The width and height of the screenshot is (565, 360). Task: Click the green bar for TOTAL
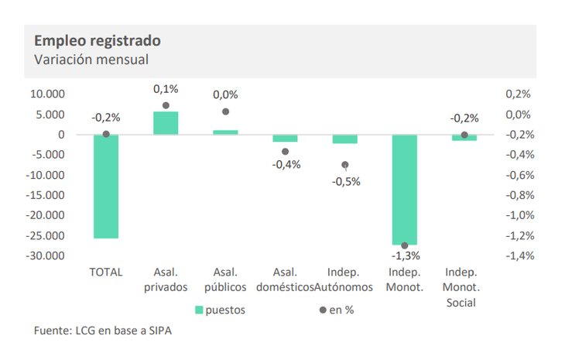[106, 187]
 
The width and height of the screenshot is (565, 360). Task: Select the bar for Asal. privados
[166, 123]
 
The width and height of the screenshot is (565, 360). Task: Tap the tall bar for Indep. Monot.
[405, 190]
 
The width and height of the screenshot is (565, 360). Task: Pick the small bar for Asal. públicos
[225, 132]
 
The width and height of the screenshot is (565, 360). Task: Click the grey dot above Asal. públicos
[225, 111]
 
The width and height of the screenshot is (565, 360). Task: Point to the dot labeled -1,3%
[405, 245]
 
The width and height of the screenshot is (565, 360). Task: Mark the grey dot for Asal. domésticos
[285, 152]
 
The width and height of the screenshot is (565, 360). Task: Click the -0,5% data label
[346, 182]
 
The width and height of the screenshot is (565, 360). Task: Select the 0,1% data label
[166, 89]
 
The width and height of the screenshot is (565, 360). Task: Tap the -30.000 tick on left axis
[45, 255]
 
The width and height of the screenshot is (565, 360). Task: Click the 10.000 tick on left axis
[47, 94]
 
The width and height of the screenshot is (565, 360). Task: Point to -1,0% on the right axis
[520, 215]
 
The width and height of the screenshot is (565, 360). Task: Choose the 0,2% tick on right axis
[518, 94]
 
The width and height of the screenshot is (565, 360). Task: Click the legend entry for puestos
[220, 310]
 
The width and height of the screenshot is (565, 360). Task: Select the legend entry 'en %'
[337, 310]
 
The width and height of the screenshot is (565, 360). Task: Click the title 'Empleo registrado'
[98, 41]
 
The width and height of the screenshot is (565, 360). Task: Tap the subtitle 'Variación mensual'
[91, 60]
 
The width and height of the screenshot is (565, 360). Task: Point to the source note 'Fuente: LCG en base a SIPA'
[103, 331]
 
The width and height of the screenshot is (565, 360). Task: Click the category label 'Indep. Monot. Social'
[461, 287]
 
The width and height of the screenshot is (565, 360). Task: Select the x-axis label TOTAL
[106, 272]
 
